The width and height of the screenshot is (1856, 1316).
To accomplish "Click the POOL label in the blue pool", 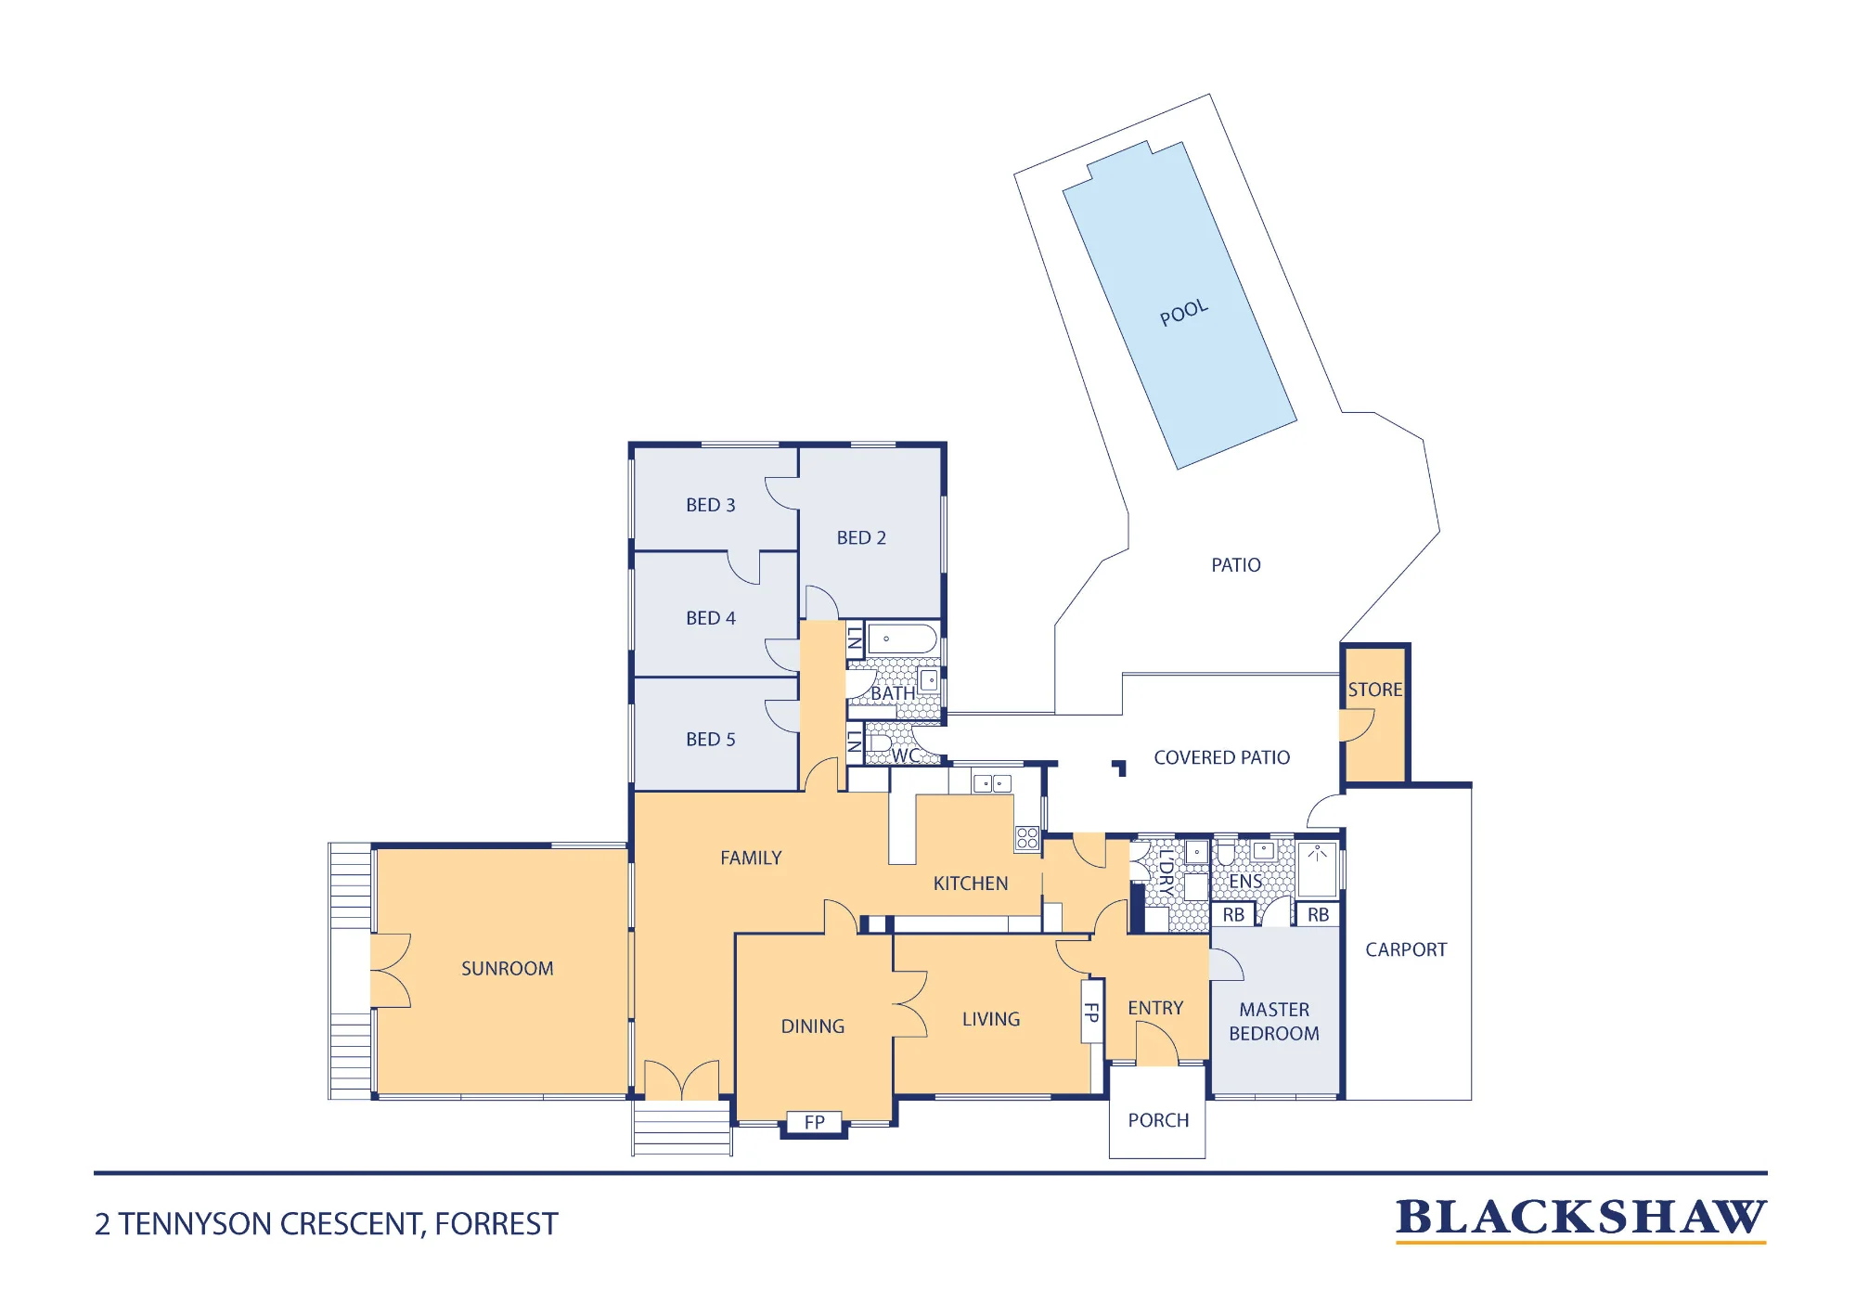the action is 1184,313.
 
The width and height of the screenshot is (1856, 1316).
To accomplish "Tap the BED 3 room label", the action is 711,505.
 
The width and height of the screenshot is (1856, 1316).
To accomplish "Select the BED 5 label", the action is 711,740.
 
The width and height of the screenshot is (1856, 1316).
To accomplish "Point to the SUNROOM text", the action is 508,969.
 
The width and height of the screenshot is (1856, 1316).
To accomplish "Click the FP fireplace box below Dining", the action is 815,1122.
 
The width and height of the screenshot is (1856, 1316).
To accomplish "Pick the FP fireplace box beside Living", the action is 1092,1012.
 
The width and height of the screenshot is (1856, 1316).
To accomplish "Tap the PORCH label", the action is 1158,1120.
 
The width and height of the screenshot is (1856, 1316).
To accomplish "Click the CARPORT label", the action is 1406,949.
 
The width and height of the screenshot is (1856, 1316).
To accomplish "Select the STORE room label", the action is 1375,690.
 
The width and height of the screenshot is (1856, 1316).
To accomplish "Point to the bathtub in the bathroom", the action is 902,639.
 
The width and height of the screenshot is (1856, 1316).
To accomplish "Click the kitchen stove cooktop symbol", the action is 1027,838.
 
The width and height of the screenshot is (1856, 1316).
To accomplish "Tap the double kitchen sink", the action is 992,783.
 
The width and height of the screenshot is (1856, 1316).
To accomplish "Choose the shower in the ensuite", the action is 1318,869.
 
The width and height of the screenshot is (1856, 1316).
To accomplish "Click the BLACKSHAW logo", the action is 1581,1219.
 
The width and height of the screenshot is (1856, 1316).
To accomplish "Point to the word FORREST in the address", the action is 496,1224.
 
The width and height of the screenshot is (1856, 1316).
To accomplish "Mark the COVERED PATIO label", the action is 1222,757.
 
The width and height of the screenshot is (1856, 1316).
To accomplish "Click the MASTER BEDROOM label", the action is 1274,1022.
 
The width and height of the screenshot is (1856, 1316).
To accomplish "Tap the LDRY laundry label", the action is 1166,872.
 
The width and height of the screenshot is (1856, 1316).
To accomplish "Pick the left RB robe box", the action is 1233,915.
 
